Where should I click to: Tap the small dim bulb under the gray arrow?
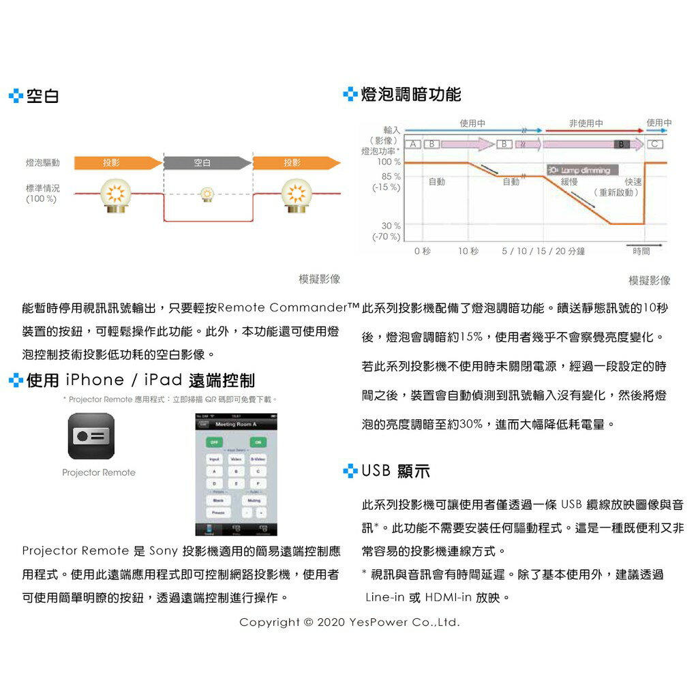(x=207, y=195)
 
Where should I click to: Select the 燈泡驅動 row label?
(x=42, y=163)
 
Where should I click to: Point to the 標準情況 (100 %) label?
(x=42, y=193)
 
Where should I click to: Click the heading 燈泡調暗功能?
(x=410, y=95)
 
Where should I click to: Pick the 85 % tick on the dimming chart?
(x=391, y=177)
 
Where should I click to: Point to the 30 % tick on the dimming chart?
(x=391, y=226)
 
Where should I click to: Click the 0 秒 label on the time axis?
(x=423, y=252)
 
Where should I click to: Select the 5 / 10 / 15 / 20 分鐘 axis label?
(x=543, y=252)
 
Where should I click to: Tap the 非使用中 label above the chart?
(x=586, y=123)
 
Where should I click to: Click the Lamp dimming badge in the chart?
(x=579, y=169)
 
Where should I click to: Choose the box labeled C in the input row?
(x=654, y=144)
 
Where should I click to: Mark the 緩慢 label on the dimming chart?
(x=569, y=182)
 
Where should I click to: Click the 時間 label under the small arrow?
(x=641, y=252)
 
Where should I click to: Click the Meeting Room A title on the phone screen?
(x=236, y=424)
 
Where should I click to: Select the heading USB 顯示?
(x=395, y=471)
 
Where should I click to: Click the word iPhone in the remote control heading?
(x=95, y=380)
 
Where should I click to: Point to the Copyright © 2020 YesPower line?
(x=349, y=622)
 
